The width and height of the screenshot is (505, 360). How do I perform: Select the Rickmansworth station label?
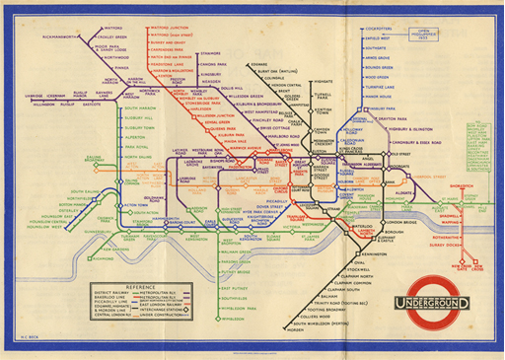tap(42, 37)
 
